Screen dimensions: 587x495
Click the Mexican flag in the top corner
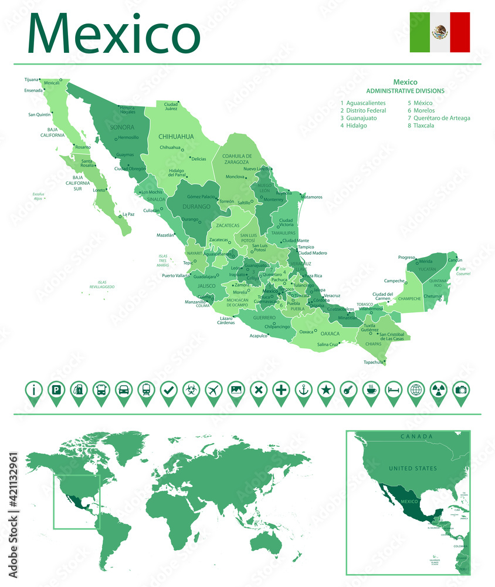click(439, 32)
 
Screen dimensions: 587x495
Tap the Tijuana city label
click(31, 79)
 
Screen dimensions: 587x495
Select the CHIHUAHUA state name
click(176, 136)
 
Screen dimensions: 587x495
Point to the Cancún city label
click(455, 260)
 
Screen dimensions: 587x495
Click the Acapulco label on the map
click(258, 336)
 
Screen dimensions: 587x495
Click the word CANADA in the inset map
click(416, 436)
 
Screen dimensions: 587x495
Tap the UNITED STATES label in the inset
click(413, 468)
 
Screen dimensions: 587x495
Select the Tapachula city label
click(372, 362)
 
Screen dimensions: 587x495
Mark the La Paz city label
click(128, 214)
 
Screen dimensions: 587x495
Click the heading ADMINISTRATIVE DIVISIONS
click(405, 91)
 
